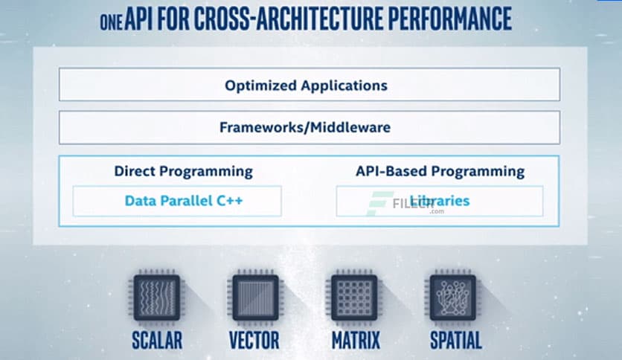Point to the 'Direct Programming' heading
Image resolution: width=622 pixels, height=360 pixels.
pyautogui.click(x=183, y=171)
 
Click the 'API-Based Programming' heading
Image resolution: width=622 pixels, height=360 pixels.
pyautogui.click(x=440, y=171)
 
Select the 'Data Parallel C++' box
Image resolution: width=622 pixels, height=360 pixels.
pyautogui.click(x=177, y=201)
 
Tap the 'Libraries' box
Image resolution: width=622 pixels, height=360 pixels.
pyautogui.click(x=440, y=201)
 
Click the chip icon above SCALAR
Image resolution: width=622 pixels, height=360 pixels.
pyautogui.click(x=156, y=298)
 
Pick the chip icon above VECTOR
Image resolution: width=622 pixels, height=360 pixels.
pyautogui.click(x=255, y=298)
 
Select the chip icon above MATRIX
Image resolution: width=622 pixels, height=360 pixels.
pyautogui.click(x=354, y=298)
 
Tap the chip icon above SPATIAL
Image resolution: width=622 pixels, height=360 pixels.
pyautogui.click(x=452, y=298)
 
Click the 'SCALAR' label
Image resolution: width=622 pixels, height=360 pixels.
pyautogui.click(x=156, y=341)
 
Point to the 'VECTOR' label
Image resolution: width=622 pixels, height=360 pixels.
pyautogui.click(x=255, y=341)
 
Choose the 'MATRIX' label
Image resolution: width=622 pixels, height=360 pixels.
pyautogui.click(x=354, y=341)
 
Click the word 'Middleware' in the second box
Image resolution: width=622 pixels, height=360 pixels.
pyautogui.click(x=349, y=127)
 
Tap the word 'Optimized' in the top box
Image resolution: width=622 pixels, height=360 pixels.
pyautogui.click(x=260, y=85)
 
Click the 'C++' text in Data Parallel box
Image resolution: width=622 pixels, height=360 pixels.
pyautogui.click(x=228, y=201)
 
